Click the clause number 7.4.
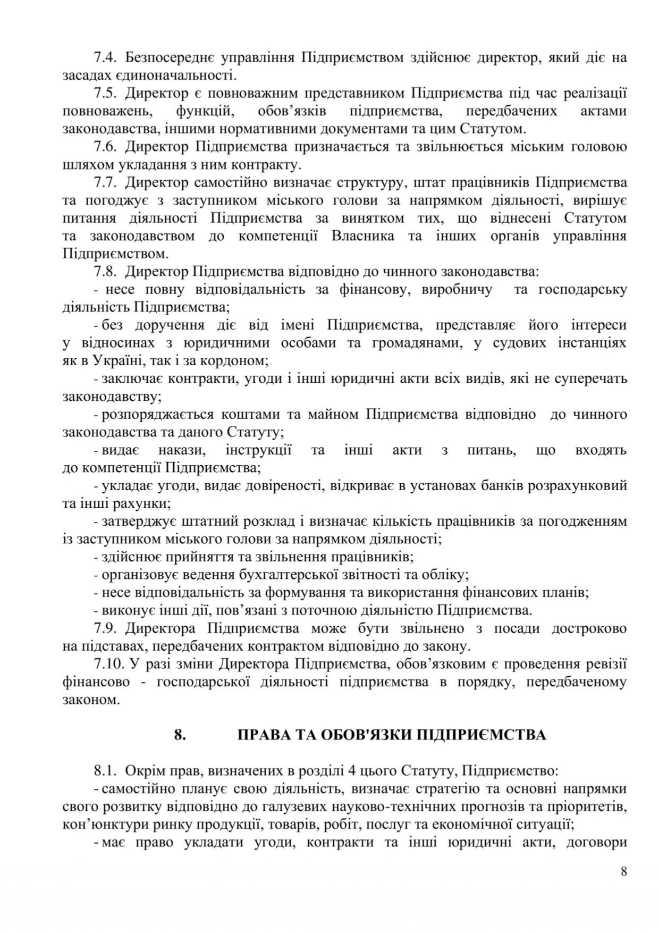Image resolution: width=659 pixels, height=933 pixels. (x=105, y=57)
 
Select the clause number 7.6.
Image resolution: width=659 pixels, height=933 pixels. (x=105, y=147)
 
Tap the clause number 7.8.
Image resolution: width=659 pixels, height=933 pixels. (x=105, y=272)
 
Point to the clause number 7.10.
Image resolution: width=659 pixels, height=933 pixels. (x=108, y=664)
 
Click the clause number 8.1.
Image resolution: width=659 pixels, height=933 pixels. (x=105, y=770)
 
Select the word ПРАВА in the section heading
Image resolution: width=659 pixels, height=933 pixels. (x=261, y=735)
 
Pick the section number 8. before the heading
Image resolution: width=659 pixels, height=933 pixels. (x=180, y=735)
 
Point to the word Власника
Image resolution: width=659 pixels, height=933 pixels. (x=362, y=236)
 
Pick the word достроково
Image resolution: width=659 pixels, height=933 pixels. (x=589, y=628)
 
